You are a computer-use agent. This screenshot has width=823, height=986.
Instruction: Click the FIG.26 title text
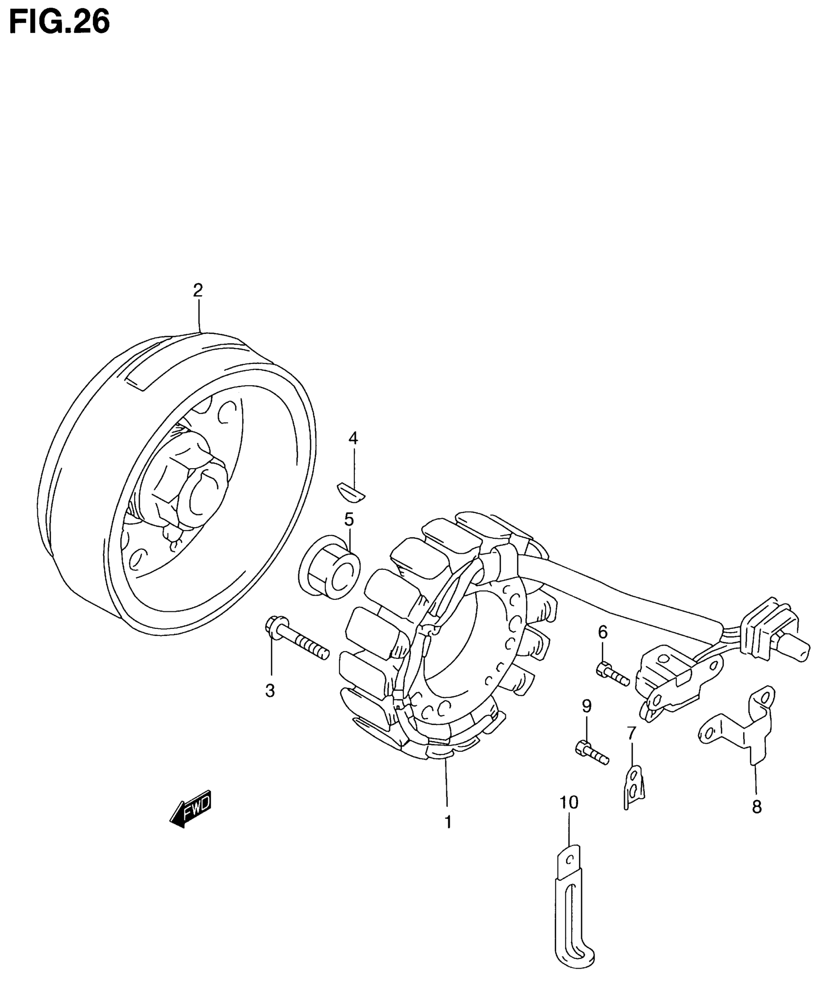click(59, 21)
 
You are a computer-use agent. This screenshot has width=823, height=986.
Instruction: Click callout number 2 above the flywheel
click(198, 290)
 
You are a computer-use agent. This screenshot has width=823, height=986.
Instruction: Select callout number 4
click(353, 439)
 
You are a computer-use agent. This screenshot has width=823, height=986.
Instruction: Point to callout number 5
click(349, 519)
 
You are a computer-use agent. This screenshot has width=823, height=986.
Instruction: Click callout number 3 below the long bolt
click(270, 691)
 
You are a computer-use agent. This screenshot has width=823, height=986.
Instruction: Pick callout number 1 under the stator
click(448, 821)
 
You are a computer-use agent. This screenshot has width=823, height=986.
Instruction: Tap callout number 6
click(603, 632)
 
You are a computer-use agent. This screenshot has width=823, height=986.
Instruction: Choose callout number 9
click(586, 706)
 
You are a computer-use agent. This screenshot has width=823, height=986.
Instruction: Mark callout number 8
click(757, 806)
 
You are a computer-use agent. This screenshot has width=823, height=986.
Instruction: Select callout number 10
click(569, 803)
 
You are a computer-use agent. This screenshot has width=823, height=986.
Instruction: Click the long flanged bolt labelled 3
click(296, 640)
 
